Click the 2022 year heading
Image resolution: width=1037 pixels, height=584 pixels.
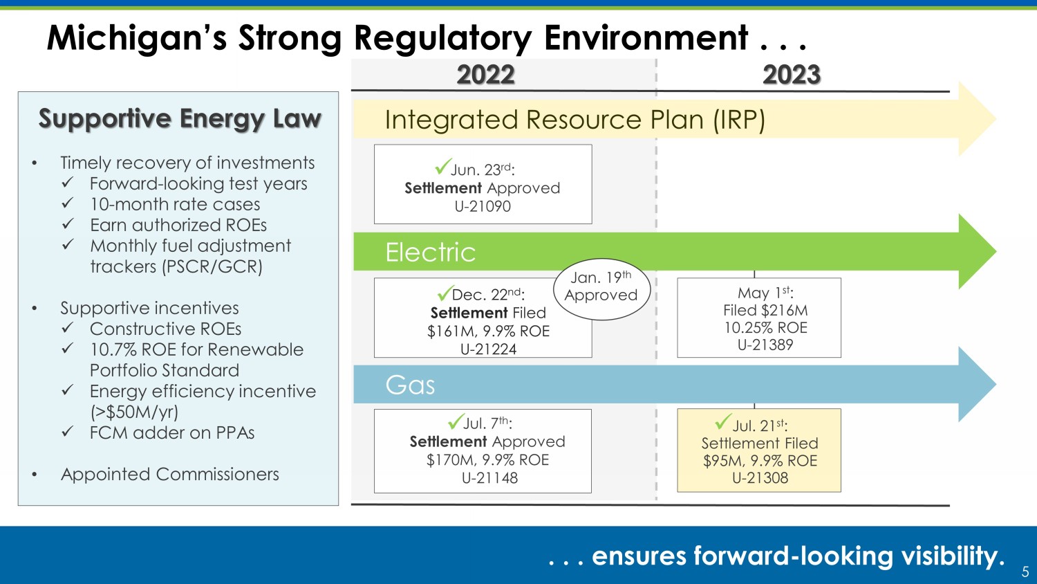pos(485,75)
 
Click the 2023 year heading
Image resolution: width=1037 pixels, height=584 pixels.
pos(792,75)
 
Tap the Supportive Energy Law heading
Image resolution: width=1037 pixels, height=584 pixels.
pos(180,118)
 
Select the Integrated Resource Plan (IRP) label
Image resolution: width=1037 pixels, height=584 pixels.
pos(575,120)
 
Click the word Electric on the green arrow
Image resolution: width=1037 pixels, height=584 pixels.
pos(431,252)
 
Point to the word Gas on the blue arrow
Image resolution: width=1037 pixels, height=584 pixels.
pos(410,385)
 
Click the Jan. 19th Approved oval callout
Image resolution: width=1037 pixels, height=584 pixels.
pos(602,289)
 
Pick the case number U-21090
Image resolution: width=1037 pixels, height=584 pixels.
pos(483,206)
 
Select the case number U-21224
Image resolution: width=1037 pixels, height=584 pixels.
pos(488,349)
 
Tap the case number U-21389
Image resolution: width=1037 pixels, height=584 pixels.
pos(765,345)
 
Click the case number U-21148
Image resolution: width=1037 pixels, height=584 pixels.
pos(489,478)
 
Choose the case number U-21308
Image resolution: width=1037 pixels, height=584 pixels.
pos(760,478)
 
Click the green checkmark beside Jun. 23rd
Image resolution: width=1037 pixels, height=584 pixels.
pos(443,165)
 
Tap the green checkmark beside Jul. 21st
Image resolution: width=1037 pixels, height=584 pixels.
pos(724,421)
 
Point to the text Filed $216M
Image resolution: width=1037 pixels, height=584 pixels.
pos(765,310)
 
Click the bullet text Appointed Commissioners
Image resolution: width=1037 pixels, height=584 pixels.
pos(170,474)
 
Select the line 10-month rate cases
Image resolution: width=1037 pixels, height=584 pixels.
pos(175,204)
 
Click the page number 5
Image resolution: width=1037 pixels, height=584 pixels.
pos(1025,572)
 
